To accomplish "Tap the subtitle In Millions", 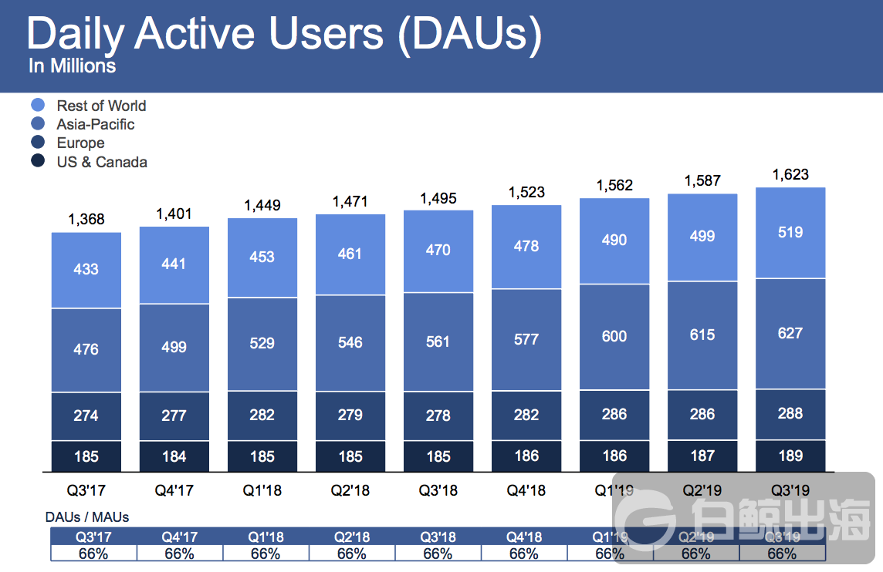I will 72,66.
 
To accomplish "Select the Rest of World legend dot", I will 38,106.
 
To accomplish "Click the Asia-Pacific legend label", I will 95,124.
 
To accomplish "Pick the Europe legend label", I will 80,143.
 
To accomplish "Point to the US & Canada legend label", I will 101,162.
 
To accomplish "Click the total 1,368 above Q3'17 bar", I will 86,220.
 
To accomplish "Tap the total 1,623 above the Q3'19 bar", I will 790,175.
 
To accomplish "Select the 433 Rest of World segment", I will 86,269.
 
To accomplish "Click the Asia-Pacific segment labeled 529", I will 262,342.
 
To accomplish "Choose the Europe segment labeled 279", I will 350,415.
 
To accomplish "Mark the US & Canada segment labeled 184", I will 174,456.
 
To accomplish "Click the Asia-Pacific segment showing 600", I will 614,336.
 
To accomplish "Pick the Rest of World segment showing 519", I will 790,232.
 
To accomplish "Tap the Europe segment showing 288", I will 790,413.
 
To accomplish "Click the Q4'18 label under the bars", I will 526,490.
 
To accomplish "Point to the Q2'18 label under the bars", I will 350,490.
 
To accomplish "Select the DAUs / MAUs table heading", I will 86,517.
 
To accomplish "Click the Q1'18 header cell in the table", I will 266,537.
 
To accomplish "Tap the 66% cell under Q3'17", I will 93,553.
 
